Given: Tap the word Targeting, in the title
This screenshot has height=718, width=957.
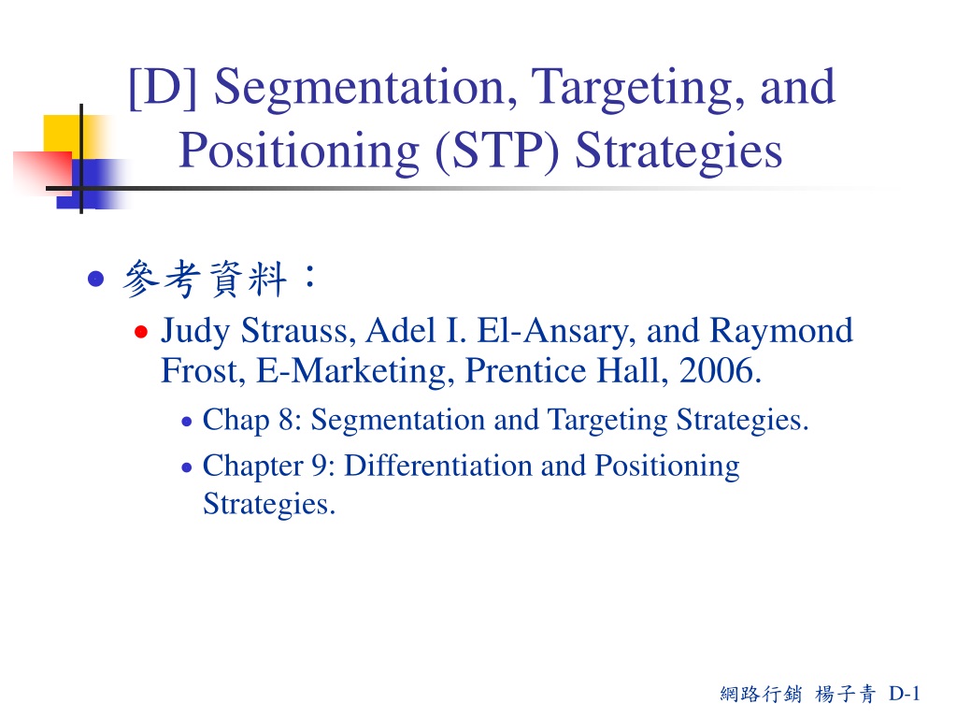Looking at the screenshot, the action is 638,90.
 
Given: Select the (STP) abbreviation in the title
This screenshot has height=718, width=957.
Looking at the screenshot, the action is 497,151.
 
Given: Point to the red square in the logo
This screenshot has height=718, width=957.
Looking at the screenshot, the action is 43,173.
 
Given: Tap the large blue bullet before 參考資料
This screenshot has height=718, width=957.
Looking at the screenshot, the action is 96,279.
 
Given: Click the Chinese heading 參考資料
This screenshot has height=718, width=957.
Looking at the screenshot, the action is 205,279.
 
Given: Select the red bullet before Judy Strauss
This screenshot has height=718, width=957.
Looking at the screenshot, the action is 141,332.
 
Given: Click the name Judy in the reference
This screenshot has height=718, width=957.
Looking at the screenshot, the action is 195,333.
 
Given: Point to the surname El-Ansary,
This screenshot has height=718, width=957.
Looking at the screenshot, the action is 556,332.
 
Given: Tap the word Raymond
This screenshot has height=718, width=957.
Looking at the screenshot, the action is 781,333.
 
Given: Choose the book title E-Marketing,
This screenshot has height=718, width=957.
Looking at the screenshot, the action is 355,372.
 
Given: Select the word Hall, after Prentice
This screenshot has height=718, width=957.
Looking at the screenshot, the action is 633,371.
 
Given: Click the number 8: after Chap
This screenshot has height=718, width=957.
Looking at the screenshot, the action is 291,420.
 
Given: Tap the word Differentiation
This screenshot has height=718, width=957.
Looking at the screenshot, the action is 438,466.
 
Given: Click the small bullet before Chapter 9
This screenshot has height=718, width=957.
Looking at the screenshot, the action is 187,467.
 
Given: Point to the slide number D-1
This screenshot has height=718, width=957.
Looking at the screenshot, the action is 905,694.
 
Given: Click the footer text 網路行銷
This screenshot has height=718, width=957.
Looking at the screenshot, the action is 761,694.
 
